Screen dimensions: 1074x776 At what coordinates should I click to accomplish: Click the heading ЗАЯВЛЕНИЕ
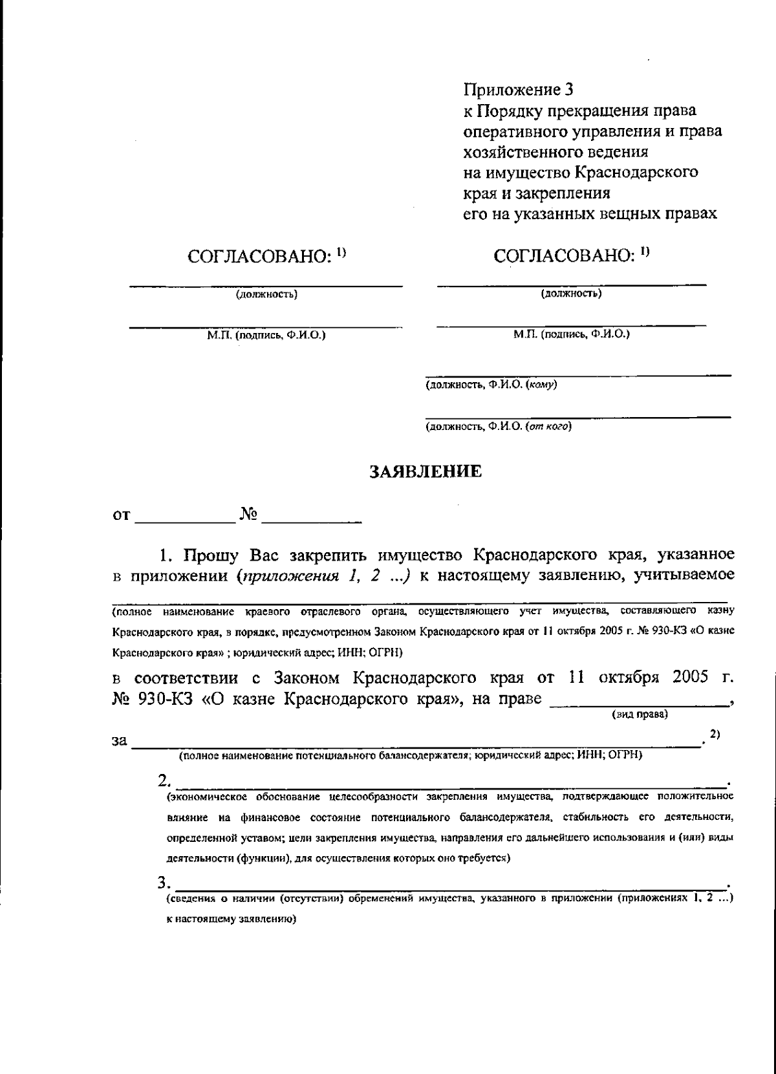coord(425,472)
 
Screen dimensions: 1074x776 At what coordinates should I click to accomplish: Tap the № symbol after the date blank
coord(249,515)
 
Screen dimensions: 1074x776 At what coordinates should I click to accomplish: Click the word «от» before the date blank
coord(122,515)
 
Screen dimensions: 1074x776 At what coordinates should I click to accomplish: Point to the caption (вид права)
coord(640,714)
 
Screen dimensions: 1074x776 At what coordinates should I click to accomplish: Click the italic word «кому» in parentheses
coord(543,385)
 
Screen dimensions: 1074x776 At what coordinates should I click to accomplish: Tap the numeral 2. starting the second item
coord(165,780)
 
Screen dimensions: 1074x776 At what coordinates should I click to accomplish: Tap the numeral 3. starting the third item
coord(165,883)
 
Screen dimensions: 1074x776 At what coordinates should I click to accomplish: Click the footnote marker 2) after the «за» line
coord(715,734)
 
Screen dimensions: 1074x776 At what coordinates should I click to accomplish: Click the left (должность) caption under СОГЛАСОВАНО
coord(266,295)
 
